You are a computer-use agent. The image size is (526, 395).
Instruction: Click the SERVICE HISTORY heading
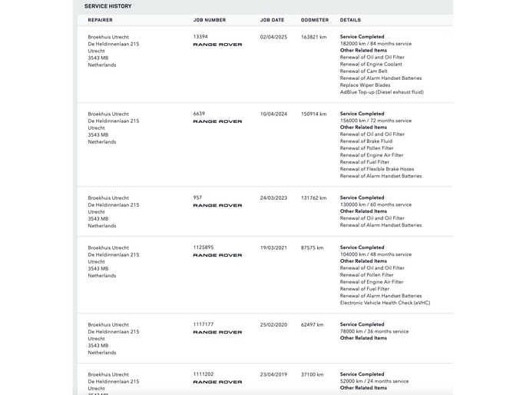(108, 6)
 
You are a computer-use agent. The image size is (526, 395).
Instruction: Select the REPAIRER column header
(101, 20)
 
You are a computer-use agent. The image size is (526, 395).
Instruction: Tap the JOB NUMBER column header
(210, 20)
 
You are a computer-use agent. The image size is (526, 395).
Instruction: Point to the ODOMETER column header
(315, 20)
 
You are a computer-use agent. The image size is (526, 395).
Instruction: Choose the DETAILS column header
(350, 20)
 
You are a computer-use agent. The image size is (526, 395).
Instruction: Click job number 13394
(200, 36)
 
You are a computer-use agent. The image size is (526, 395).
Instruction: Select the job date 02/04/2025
(273, 36)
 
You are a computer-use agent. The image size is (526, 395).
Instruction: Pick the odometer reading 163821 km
(314, 36)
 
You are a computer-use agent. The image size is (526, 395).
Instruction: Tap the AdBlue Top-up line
(381, 92)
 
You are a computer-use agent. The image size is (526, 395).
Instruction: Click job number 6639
(199, 114)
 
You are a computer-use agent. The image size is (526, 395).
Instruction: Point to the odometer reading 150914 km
(314, 114)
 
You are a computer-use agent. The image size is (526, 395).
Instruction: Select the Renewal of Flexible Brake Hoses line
(377, 169)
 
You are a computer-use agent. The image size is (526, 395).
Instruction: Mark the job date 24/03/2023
(273, 197)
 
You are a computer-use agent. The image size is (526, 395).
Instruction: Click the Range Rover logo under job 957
(217, 206)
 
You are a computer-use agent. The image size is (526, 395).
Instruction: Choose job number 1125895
(203, 247)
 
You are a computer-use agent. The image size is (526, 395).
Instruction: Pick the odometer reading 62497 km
(313, 324)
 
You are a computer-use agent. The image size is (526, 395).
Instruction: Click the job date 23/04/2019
(273, 374)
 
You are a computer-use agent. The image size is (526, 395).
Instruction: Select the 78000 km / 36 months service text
(375, 331)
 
